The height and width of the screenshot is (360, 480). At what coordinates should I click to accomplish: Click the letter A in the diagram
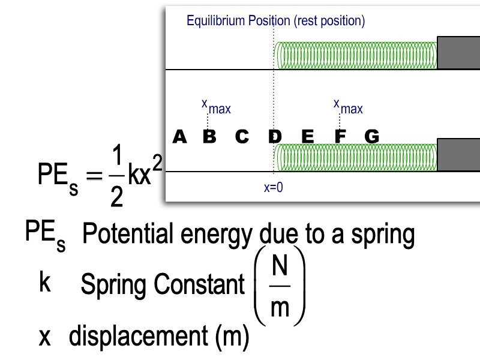[179, 137]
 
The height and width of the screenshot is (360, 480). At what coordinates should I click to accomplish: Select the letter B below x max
[209, 137]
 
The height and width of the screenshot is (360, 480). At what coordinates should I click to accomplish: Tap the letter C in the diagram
[242, 137]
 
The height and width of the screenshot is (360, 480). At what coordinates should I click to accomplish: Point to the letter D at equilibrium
[275, 137]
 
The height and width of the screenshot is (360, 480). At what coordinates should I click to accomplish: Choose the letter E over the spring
[308, 137]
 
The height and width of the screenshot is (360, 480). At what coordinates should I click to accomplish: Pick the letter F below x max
[340, 137]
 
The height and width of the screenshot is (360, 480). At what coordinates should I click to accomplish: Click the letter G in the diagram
[372, 137]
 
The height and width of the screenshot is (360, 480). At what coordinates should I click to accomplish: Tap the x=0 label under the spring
[274, 187]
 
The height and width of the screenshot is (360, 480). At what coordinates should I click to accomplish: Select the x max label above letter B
[215, 107]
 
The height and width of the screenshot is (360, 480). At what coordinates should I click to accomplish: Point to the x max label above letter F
[348, 107]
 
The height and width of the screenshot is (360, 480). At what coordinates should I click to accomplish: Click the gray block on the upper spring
[458, 53]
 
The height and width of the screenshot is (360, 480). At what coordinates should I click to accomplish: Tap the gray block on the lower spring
[458, 154]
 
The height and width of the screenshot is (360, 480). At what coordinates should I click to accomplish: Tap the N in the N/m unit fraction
[280, 265]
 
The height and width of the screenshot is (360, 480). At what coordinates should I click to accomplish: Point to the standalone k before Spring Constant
[44, 283]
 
